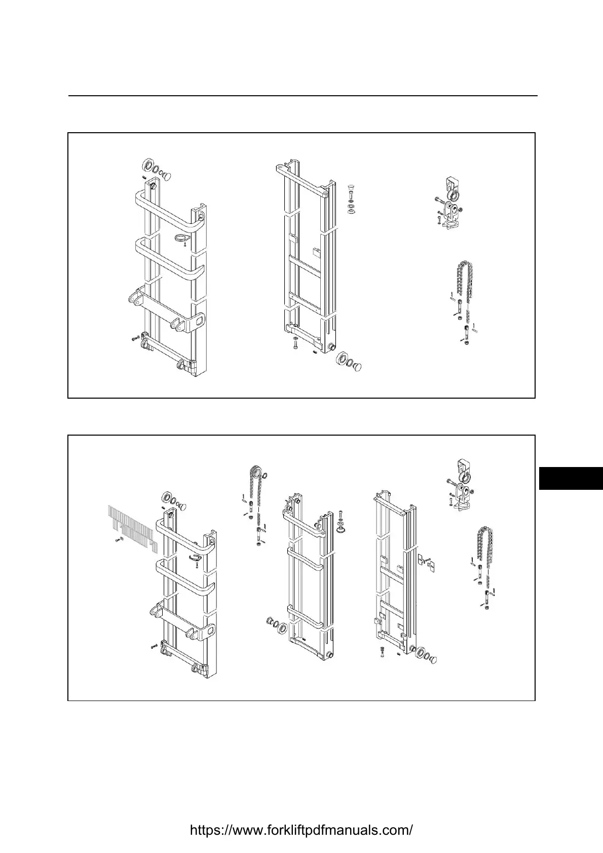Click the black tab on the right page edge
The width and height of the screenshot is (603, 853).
(571, 478)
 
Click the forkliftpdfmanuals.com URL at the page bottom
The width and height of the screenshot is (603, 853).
(301, 830)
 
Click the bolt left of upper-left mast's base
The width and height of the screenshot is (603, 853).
(134, 337)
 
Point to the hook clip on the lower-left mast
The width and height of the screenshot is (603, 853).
(195, 557)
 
